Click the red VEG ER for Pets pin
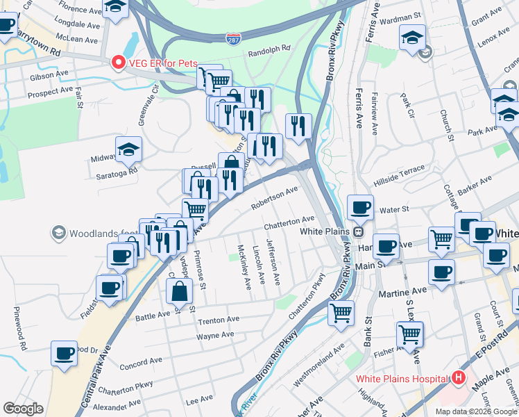[x=118, y=63]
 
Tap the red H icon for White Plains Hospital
[x=458, y=379]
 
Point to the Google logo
[x=23, y=409]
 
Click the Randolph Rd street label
[x=269, y=50]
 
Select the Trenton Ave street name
[x=219, y=320]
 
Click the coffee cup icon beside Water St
[x=360, y=207]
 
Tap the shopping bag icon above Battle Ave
[x=179, y=291]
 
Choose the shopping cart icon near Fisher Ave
[x=409, y=334]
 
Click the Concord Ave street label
[x=140, y=363]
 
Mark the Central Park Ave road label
[x=96, y=368]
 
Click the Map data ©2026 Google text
[x=476, y=411]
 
